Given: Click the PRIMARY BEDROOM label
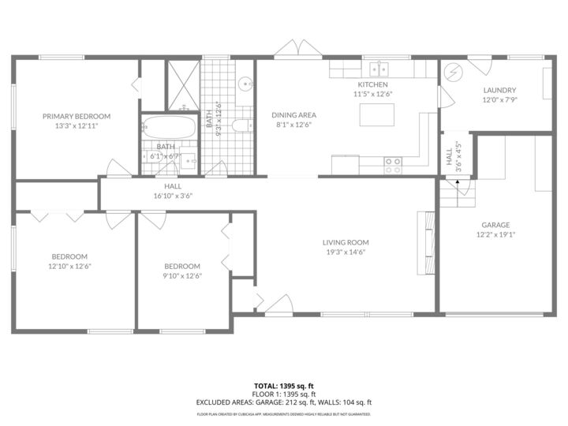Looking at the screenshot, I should tap(77, 116).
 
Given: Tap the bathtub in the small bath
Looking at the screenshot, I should tap(167, 127).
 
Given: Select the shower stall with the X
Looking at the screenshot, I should tap(182, 84).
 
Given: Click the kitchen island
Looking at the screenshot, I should tap(375, 115).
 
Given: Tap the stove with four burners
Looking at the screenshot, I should tap(392, 165).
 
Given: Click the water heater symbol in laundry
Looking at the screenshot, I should tap(454, 73).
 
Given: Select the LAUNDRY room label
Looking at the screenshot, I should tap(499, 90).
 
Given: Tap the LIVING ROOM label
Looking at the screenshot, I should tap(346, 242).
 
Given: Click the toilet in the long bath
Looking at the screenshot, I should tap(244, 125).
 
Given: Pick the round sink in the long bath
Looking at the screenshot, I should tap(245, 82).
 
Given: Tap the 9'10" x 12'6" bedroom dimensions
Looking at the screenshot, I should tap(182, 275).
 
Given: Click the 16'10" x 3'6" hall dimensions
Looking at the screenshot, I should tap(173, 196).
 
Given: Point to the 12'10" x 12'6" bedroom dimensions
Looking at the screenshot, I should tap(69, 266).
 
